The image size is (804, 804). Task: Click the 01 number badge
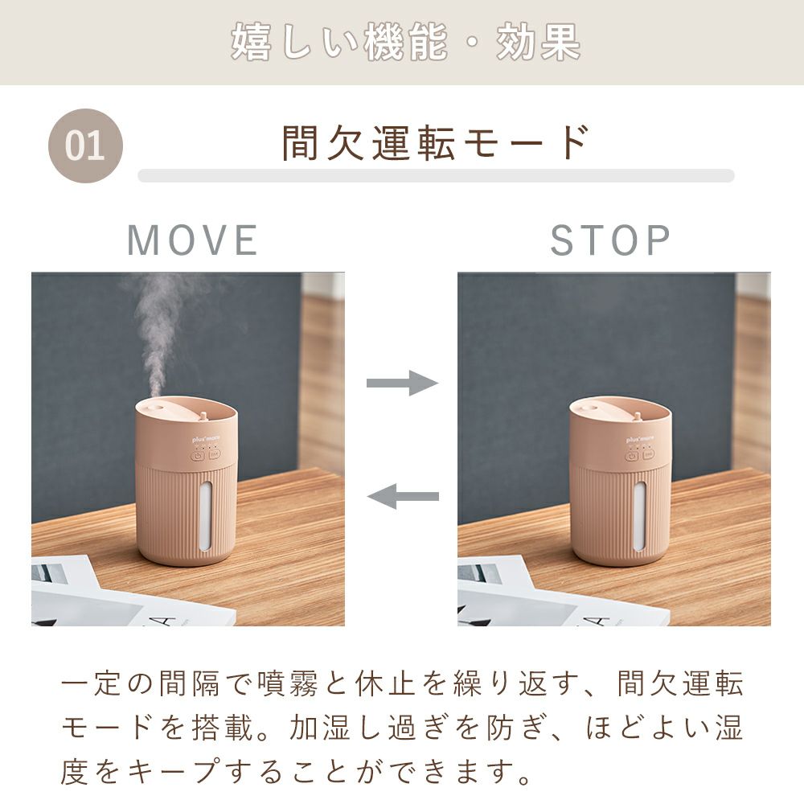pyautogui.click(x=86, y=146)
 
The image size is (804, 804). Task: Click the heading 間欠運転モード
pyautogui.click(x=436, y=142)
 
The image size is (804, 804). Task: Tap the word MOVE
pyautogui.click(x=192, y=240)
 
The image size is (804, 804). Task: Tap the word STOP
pyautogui.click(x=610, y=240)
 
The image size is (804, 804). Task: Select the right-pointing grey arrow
pyautogui.click(x=403, y=383)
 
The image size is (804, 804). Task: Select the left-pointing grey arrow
pyautogui.click(x=403, y=496)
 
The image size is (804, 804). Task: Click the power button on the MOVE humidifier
pyautogui.click(x=198, y=455)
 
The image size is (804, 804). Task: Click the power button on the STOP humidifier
pyautogui.click(x=632, y=455)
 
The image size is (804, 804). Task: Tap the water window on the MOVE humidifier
pyautogui.click(x=204, y=515)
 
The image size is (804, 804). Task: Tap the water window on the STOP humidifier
pyautogui.click(x=639, y=517)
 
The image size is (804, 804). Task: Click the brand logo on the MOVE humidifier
pyautogui.click(x=206, y=440)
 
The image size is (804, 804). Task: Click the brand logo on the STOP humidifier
pyautogui.click(x=641, y=440)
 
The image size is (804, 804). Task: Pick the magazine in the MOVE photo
pyautogui.click(x=118, y=595)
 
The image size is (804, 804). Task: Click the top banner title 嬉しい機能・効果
pyautogui.click(x=405, y=42)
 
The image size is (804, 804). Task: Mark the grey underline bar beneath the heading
pyautogui.click(x=436, y=176)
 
